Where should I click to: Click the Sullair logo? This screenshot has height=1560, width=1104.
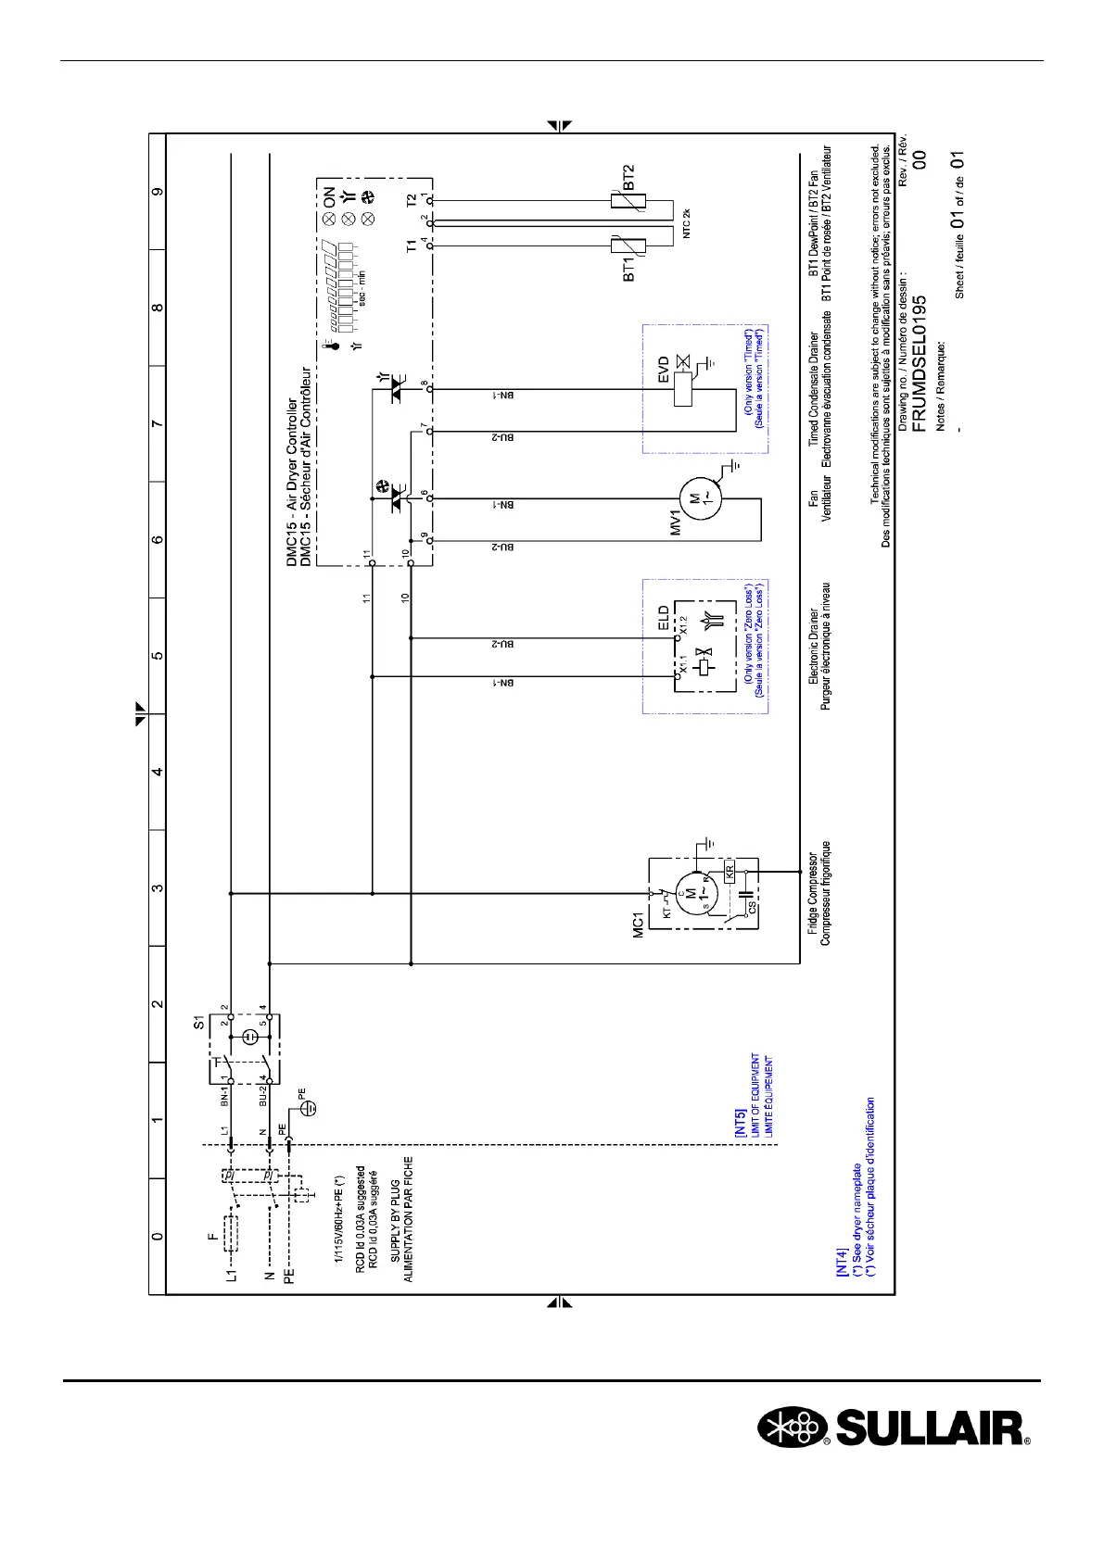[894, 1453]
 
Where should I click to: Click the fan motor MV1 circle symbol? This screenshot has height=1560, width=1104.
[695, 500]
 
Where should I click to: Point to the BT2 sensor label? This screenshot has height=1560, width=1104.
[628, 176]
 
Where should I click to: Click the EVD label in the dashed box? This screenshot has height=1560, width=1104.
[664, 371]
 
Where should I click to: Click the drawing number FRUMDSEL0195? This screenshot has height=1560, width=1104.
[920, 363]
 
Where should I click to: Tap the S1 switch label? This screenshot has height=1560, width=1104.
[197, 1022]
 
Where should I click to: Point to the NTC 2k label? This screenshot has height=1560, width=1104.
[686, 225]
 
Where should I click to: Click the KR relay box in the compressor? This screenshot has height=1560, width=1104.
[730, 871]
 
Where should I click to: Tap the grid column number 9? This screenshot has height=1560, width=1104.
[159, 192]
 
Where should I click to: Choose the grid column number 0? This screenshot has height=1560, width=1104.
[159, 1236]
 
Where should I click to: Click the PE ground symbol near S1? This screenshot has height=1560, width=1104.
[311, 1108]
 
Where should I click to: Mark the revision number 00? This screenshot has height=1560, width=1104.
[920, 159]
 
